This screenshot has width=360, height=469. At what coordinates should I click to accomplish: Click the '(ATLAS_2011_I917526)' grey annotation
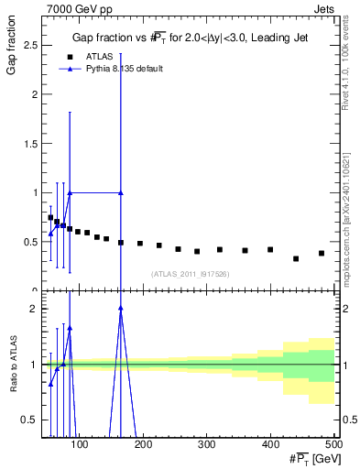(x=190, y=273)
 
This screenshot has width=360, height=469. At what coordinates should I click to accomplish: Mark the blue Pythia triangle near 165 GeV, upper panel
(x=121, y=192)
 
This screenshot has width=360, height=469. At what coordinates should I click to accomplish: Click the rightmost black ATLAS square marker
(x=322, y=253)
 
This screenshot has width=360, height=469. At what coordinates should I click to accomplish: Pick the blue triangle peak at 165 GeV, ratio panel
(x=121, y=309)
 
